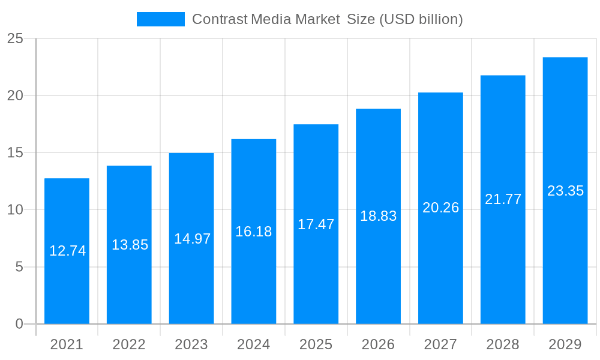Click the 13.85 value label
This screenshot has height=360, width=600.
tap(130, 245)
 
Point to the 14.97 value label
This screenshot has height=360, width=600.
tap(192, 239)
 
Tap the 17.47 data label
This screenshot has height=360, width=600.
tap(316, 224)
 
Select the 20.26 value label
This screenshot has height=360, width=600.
tap(440, 208)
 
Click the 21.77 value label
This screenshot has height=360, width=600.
tap(503, 199)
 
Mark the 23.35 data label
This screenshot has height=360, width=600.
tap(565, 191)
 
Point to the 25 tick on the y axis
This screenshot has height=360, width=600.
tap(15, 39)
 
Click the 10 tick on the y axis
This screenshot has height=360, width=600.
tap(15, 210)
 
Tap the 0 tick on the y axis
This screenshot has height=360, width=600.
tap(19, 324)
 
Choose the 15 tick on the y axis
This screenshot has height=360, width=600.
tap(15, 153)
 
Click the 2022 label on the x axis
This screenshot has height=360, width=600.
tap(129, 344)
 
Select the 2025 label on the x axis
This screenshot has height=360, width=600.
tap(316, 344)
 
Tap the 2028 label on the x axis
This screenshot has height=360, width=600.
tap(503, 344)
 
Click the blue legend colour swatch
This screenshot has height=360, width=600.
tap(160, 19)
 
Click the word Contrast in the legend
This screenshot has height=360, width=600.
tap(220, 19)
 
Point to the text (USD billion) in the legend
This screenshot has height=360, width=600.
tap(421, 19)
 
